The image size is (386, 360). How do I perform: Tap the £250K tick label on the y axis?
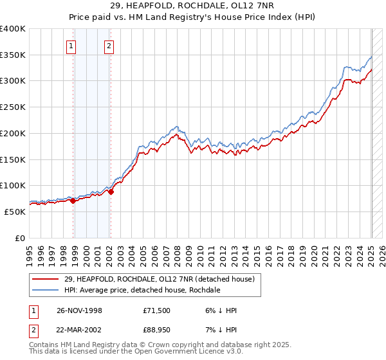click(13, 107)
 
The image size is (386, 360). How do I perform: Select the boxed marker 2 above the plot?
click(109, 46)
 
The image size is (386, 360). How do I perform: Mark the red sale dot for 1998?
click(73, 201)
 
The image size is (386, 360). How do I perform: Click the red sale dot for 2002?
click(111, 191)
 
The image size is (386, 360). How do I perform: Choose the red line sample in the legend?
click(46, 279)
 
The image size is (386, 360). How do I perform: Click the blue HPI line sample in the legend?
click(46, 290)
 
